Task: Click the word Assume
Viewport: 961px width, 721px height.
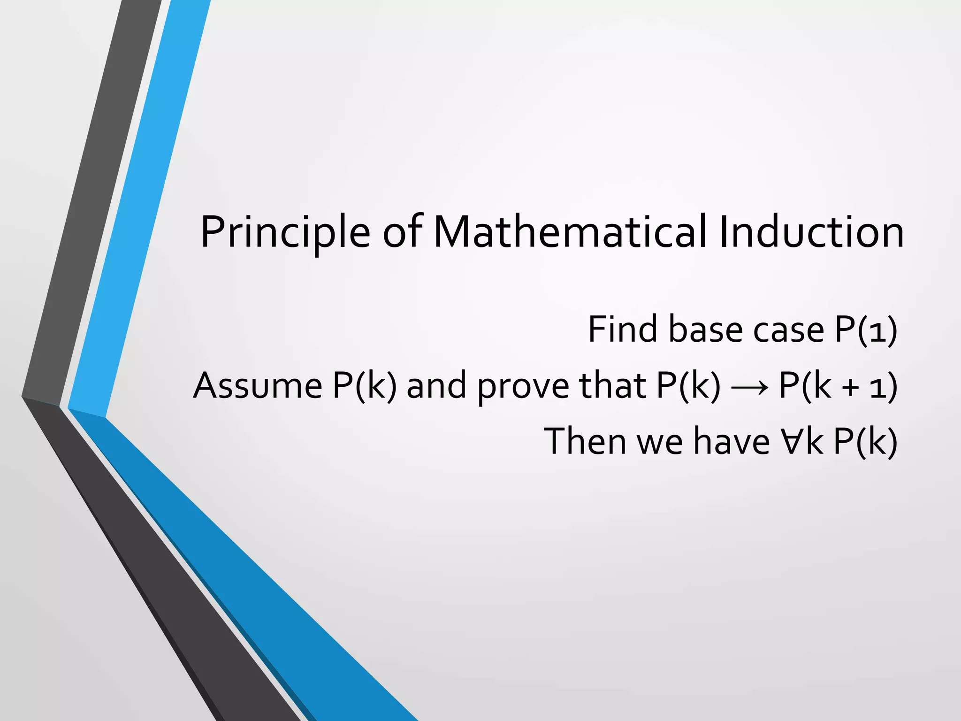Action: (258, 386)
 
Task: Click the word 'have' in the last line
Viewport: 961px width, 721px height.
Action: (732, 441)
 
